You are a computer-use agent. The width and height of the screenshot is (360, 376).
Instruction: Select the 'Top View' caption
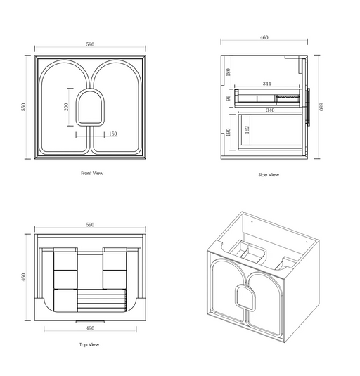click(90, 345)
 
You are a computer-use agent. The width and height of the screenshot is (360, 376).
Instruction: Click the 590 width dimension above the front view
click(90, 44)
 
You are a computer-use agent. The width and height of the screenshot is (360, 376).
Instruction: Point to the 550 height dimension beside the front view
click(23, 107)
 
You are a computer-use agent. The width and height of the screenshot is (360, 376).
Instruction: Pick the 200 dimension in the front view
click(66, 107)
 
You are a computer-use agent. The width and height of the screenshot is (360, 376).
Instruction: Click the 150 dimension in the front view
click(112, 134)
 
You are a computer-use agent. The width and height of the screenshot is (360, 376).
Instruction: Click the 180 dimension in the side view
click(228, 72)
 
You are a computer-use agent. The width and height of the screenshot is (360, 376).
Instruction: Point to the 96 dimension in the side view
click(228, 98)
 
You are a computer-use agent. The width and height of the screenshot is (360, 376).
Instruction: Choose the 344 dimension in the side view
click(266, 84)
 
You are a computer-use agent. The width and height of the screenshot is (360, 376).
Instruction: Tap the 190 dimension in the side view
click(228, 132)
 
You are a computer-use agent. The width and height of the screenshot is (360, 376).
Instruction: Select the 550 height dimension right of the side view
click(321, 107)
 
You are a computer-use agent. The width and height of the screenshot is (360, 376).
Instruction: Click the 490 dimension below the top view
click(90, 328)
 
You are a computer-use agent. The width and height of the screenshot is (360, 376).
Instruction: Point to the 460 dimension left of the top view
click(23, 277)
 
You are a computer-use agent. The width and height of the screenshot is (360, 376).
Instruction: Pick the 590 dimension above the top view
click(90, 225)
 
